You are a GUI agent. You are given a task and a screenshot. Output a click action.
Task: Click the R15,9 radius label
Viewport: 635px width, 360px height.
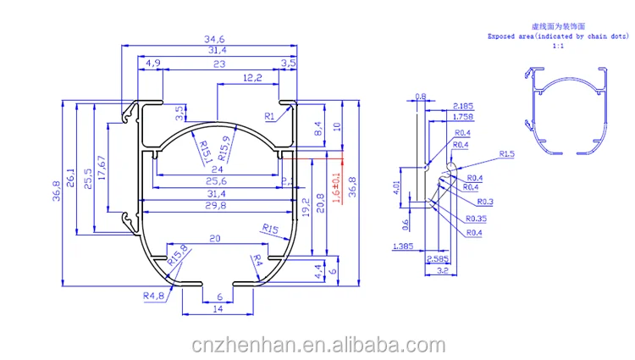click(x=224, y=147)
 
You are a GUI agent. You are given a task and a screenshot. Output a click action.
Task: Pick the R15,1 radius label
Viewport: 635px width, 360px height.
click(x=205, y=152)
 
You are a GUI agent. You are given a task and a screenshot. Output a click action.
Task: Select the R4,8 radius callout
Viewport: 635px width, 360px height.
click(x=153, y=295)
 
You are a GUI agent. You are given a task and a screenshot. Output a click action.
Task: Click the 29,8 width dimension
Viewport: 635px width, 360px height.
click(x=217, y=205)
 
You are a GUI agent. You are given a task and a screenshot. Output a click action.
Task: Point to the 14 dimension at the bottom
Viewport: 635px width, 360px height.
click(x=218, y=310)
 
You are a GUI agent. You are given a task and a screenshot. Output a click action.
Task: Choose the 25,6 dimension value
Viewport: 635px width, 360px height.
click(x=217, y=181)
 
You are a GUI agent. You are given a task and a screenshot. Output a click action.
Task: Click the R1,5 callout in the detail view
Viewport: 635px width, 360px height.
click(x=507, y=154)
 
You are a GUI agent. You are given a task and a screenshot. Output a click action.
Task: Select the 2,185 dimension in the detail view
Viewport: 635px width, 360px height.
click(x=463, y=106)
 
